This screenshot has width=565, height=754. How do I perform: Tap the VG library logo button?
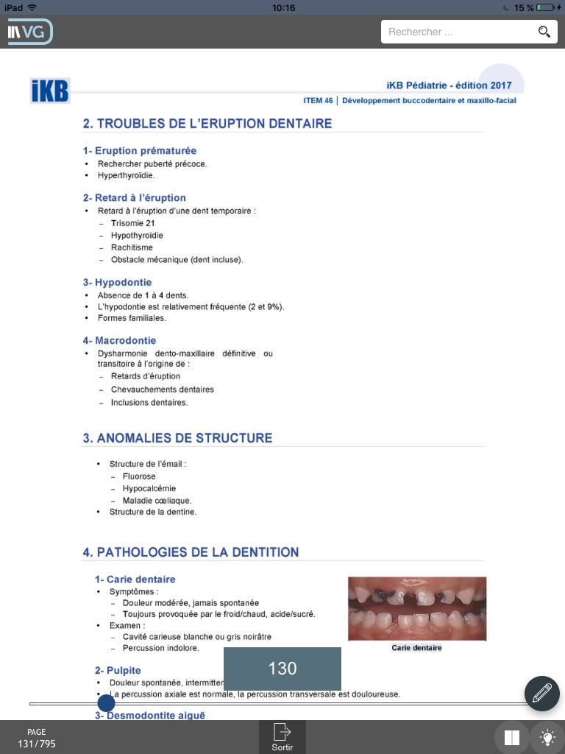point(29,32)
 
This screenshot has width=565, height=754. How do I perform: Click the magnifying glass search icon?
point(544,32)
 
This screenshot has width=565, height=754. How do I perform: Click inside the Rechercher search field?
point(456,32)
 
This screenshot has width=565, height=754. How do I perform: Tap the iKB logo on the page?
point(50,91)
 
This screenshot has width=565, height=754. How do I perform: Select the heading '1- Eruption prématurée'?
point(140,151)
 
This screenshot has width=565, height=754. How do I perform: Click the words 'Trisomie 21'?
point(132,223)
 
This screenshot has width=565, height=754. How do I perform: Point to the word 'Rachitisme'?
point(132,247)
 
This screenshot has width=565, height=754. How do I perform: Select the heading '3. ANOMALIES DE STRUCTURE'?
point(177,438)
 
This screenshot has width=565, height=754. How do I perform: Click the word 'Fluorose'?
point(139,476)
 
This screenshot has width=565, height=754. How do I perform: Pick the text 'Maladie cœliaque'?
point(157,501)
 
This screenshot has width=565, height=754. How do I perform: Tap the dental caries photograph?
point(417,608)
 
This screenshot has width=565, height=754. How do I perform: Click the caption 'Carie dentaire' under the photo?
point(417,648)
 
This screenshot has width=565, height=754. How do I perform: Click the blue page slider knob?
point(106,703)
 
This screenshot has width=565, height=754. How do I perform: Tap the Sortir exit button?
point(282,736)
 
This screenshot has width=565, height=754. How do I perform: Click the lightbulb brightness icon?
point(547,737)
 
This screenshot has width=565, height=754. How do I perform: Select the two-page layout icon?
point(513,737)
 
